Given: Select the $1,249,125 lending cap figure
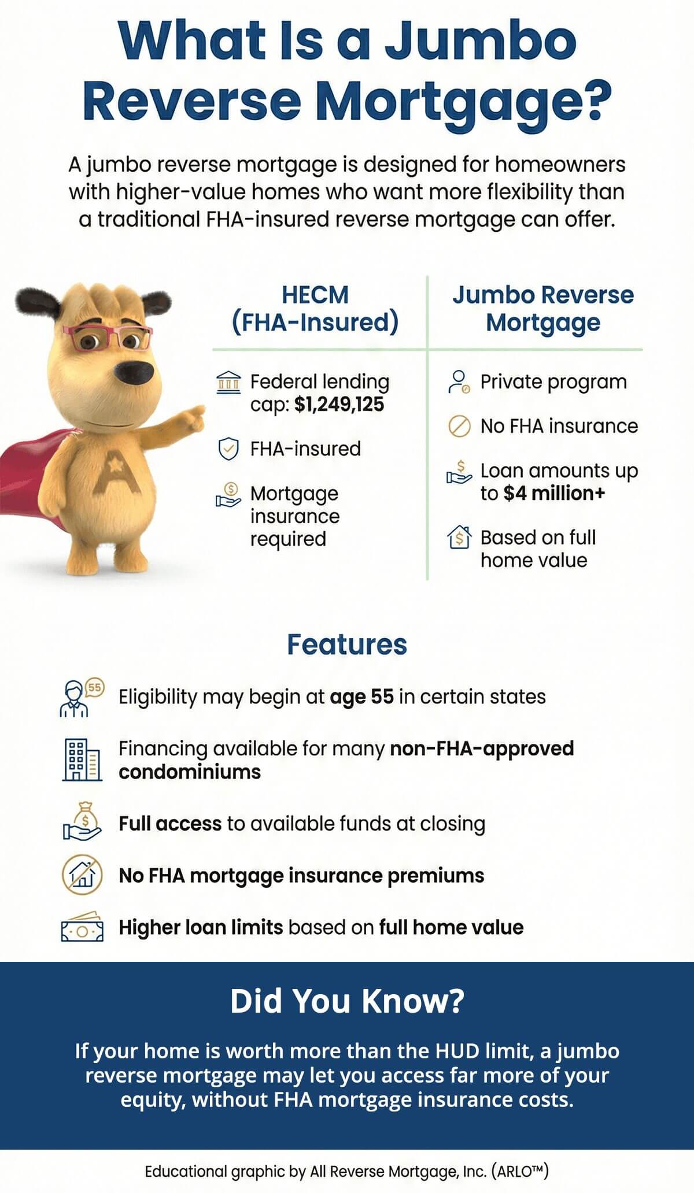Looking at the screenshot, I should pyautogui.click(x=339, y=404).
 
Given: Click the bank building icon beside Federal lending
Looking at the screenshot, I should pyautogui.click(x=228, y=383).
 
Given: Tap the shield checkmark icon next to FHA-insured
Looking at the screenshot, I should pyautogui.click(x=228, y=449).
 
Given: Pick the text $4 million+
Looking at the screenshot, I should pyautogui.click(x=553, y=493).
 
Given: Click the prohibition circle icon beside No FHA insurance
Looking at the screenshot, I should pyautogui.click(x=459, y=427).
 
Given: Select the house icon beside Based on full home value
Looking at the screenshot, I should pyautogui.click(x=459, y=538).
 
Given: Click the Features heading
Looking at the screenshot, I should pyautogui.click(x=347, y=644).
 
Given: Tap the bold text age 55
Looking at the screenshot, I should pyautogui.click(x=361, y=696).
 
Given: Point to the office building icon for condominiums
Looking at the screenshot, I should pyautogui.click(x=82, y=759).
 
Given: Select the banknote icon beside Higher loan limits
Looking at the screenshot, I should pyautogui.click(x=82, y=927).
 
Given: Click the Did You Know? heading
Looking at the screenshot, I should pyautogui.click(x=347, y=1001).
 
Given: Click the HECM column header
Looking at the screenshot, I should pyautogui.click(x=315, y=295).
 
